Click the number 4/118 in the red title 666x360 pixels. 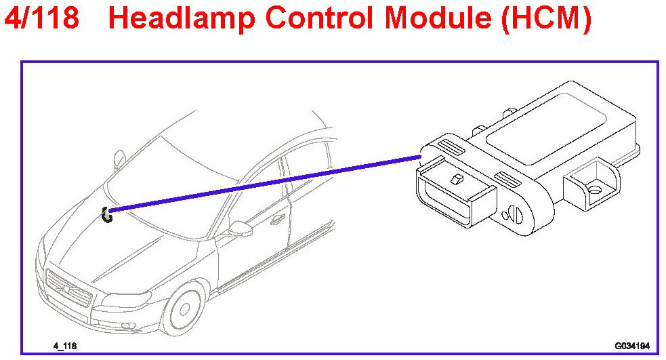tap(41, 18)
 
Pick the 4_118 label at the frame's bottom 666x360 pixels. tap(65, 346)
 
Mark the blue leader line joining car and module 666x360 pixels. tap(264, 183)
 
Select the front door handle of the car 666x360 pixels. tap(276, 220)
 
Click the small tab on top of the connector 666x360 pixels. tap(456, 179)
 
